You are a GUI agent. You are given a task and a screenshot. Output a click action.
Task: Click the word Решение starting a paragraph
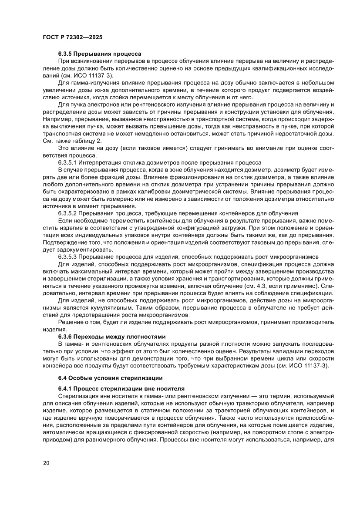click(x=70, y=322)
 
